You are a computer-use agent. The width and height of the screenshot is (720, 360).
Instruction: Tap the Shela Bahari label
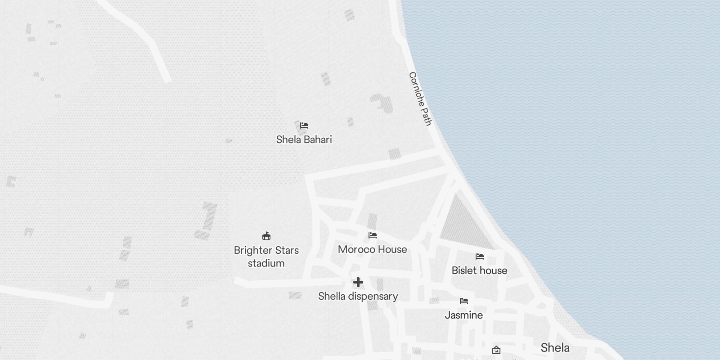tap(304, 139)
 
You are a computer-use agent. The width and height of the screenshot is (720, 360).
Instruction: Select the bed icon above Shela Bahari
tap(304, 126)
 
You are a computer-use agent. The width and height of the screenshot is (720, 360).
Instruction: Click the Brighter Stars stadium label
tap(266, 256)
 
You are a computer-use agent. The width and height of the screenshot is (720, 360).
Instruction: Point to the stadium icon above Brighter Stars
tap(266, 236)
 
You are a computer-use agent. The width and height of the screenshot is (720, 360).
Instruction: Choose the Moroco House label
tap(372, 249)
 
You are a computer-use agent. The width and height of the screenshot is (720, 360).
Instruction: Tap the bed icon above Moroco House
tap(372, 235)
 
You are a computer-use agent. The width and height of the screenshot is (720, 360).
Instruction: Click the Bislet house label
tap(479, 270)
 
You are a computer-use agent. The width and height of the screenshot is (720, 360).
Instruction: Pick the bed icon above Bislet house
tap(480, 256)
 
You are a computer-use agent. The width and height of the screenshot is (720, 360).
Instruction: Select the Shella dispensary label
tap(358, 296)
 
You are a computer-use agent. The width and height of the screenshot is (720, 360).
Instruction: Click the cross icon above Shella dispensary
tap(358, 282)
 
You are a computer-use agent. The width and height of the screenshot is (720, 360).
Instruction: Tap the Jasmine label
tap(463, 315)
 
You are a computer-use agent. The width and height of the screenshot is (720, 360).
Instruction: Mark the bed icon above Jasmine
tap(464, 301)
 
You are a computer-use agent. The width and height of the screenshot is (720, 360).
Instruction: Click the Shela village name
tap(555, 347)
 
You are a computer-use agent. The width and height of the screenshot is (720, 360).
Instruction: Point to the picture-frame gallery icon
tap(496, 350)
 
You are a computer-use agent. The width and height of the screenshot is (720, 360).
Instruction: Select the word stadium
tap(266, 263)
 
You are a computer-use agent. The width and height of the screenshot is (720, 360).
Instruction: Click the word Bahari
tap(318, 139)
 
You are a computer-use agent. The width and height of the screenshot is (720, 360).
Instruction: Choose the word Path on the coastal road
tap(426, 117)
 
